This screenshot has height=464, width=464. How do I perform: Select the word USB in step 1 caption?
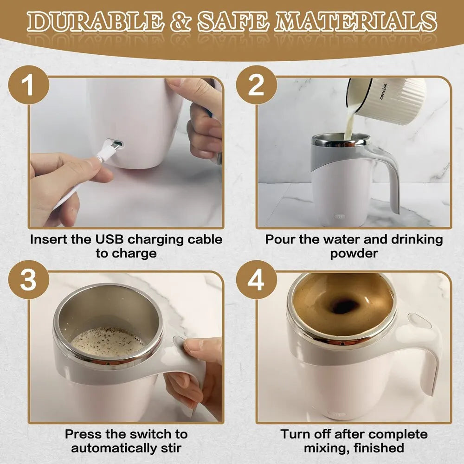pos(111,239)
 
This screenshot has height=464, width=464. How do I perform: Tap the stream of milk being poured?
pos(348,118)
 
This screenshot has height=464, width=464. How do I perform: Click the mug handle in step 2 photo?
pos(390,176)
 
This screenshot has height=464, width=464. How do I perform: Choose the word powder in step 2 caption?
pos(354,254)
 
